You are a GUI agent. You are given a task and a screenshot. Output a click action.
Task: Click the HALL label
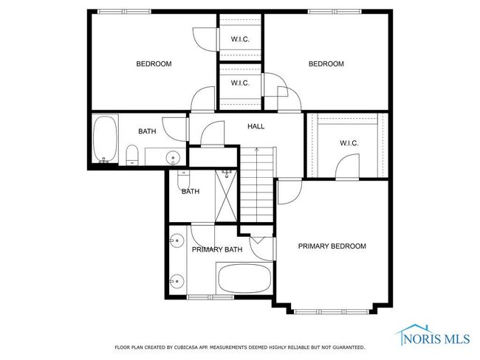click(x=256, y=126)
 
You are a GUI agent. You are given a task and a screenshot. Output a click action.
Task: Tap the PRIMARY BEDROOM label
click(x=332, y=246)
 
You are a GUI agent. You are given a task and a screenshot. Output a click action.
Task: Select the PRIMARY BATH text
click(x=217, y=249)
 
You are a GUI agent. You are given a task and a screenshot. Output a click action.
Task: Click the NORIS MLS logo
click(x=433, y=336)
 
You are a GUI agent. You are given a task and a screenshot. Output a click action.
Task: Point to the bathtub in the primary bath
click(x=245, y=278)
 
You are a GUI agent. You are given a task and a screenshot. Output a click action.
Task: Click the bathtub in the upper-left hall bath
click(x=105, y=139)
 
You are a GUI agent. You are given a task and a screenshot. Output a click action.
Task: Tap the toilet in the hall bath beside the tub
click(x=132, y=155)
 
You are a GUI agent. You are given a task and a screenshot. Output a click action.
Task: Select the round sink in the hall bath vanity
click(x=173, y=158)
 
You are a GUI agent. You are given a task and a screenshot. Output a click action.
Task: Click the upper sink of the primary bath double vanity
click(x=176, y=240)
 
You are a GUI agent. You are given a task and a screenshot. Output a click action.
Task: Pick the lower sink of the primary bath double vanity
click(x=176, y=281)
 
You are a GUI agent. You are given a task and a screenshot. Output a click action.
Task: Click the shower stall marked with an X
click(x=226, y=195)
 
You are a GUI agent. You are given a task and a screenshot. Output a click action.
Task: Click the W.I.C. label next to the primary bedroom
click(x=349, y=143)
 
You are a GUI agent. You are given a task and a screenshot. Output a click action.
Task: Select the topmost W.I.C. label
click(x=240, y=39)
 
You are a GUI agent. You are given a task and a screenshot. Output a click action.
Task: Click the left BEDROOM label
click(x=154, y=64)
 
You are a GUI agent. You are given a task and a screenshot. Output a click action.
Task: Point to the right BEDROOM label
click(x=326, y=64)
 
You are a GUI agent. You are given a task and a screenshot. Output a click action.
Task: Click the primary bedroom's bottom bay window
click(x=332, y=312)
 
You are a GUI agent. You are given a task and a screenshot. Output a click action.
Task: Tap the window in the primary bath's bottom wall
click(x=210, y=297)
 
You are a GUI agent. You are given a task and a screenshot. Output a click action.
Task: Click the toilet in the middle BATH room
click(x=184, y=180)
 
